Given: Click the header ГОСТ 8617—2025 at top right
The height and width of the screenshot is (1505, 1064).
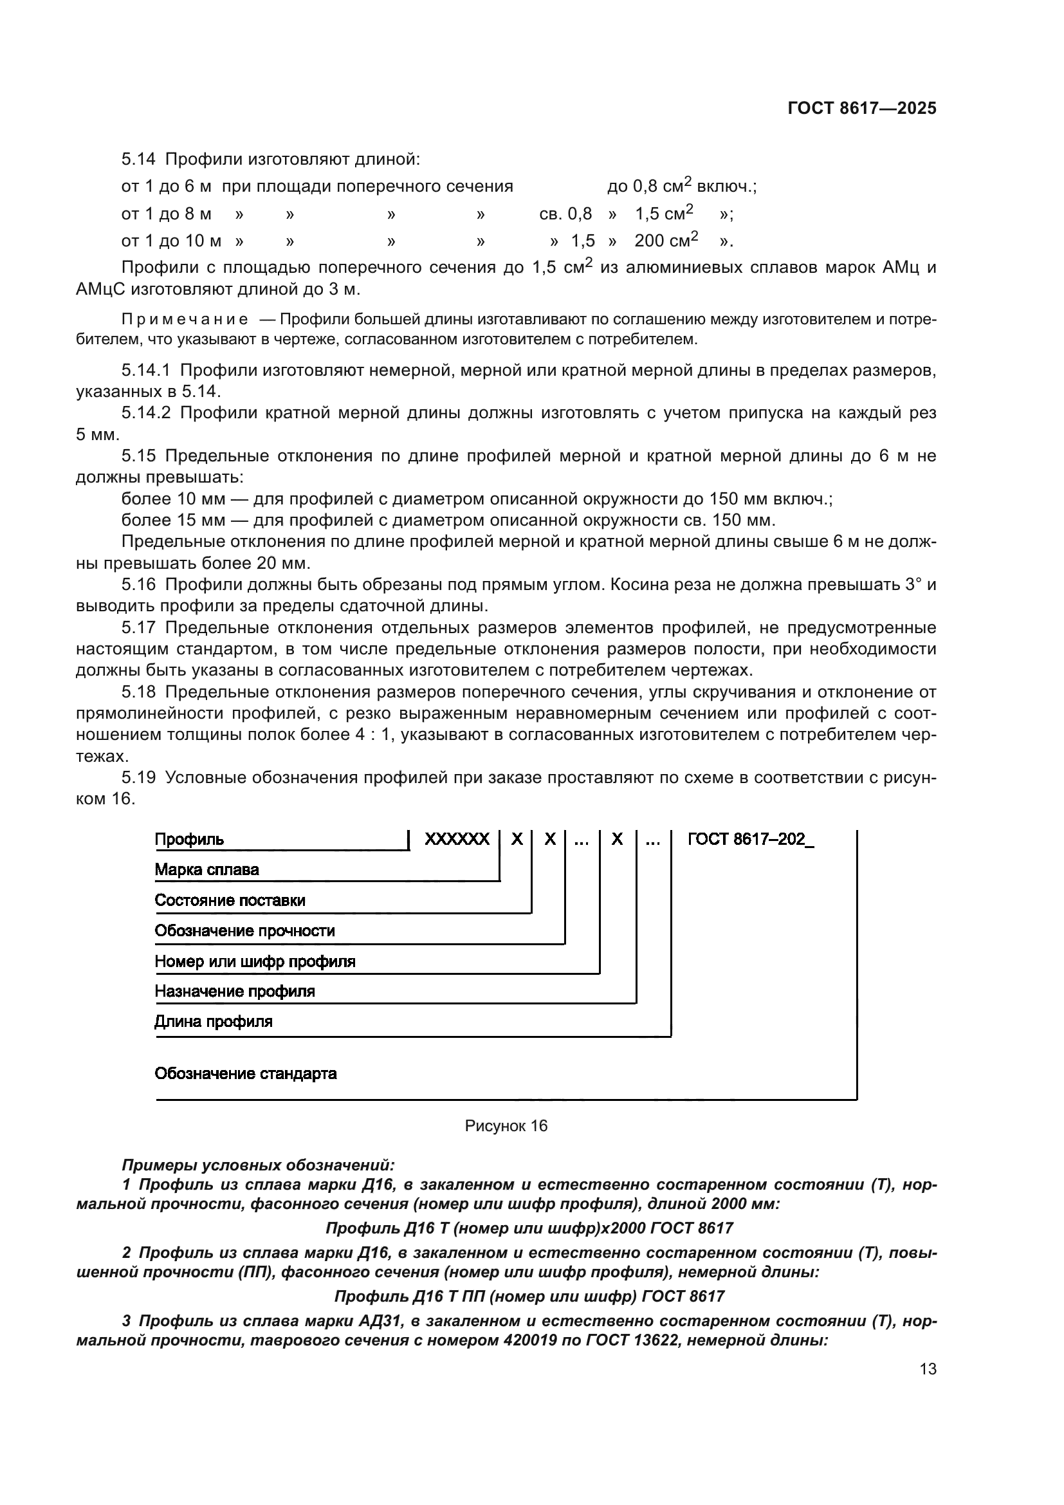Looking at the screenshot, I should [861, 109].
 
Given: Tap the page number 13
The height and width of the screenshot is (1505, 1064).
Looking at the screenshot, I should [928, 1369].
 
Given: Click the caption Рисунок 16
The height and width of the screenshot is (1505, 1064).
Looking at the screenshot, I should [506, 1125].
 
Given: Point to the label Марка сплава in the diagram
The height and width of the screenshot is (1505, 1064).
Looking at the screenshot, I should [206, 870].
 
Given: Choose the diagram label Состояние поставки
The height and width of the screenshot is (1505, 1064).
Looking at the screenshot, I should [229, 901].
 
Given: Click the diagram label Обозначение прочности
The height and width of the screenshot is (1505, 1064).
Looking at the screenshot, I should [244, 931].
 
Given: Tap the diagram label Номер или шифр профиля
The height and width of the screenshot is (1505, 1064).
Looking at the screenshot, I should [255, 961].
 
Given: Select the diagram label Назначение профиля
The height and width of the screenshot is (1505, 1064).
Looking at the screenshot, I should [235, 992].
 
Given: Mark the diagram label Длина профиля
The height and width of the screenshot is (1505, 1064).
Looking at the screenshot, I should [213, 1022].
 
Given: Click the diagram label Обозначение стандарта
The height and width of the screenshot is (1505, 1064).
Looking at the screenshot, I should [245, 1074].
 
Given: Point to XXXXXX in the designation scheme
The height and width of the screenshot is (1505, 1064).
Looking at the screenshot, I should [457, 840].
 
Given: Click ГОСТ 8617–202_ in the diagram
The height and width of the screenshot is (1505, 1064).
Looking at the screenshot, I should [750, 840].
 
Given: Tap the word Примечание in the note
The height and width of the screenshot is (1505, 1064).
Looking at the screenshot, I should [185, 320].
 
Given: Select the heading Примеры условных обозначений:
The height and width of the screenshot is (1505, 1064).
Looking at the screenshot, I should [258, 1165].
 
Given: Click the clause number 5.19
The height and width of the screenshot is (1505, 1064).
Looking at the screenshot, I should [138, 778].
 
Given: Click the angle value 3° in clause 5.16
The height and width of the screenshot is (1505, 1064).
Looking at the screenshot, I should [913, 585].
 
